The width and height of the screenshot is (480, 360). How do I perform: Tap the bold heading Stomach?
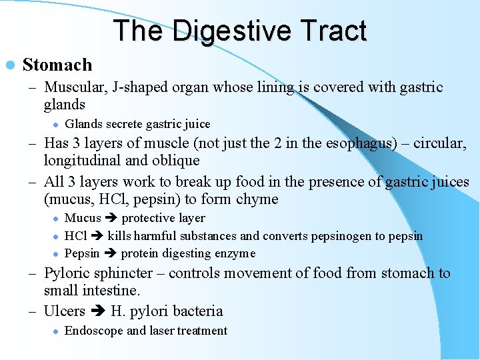(57, 65)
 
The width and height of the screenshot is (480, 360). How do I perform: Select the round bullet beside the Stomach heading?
(9, 65)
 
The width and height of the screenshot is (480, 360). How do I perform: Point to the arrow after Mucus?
(111, 218)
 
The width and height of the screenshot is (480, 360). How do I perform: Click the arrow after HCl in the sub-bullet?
(97, 236)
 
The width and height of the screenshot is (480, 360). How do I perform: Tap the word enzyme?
(234, 253)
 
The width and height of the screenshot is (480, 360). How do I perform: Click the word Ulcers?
(64, 311)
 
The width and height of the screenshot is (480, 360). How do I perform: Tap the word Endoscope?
(94, 331)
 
